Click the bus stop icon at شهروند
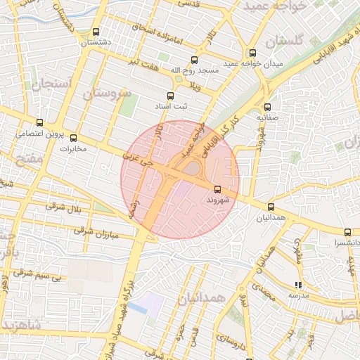click(x=217, y=189)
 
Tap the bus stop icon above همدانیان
click(x=271, y=207)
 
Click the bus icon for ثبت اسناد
click(x=169, y=96)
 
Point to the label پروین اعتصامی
click(x=40, y=134)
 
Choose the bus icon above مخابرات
click(x=73, y=138)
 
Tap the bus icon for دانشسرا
click(x=347, y=232)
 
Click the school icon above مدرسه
click(x=298, y=285)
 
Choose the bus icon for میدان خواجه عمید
click(x=252, y=53)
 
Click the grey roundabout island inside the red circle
click(x=191, y=169)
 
